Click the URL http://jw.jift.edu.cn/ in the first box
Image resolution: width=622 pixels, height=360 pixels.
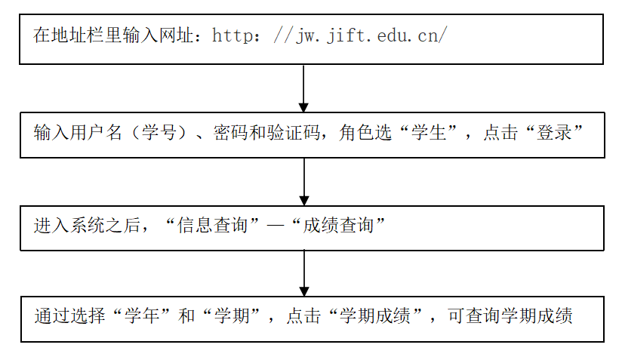coord(330,35)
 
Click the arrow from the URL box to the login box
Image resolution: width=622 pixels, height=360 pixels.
coord(303,88)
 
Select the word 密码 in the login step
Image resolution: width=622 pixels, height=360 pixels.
coord(231,132)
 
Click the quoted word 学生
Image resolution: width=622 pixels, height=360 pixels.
coord(429,132)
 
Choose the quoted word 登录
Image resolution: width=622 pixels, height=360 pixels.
coord(554,132)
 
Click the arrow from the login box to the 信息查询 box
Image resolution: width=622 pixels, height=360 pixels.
coord(304,182)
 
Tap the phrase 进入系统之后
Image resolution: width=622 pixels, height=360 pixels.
coord(87,225)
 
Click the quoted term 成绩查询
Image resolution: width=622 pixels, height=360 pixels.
coord(338,225)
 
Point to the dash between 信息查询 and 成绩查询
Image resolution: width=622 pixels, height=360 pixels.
coord(276,226)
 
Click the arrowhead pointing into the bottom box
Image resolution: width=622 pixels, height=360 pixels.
coord(304,291)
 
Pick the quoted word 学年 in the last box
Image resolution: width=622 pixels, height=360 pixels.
coord(142,315)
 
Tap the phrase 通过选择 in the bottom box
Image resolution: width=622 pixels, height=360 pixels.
coord(69,315)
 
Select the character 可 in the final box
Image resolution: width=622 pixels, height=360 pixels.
coord(456,315)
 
